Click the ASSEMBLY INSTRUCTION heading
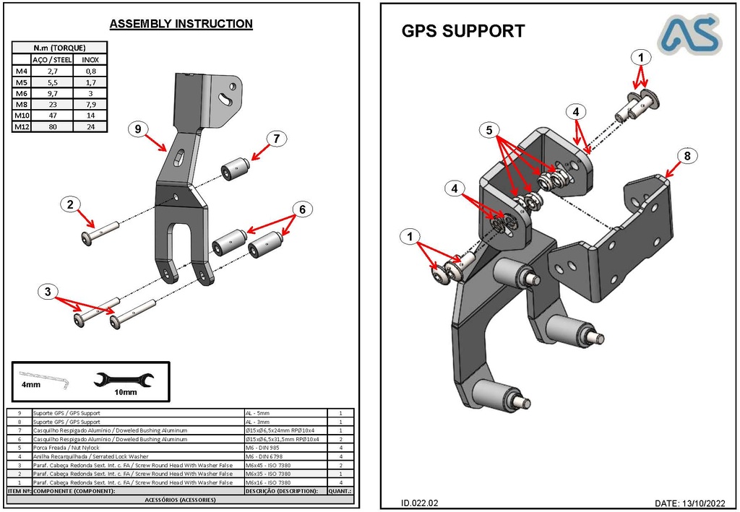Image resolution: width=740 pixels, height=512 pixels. (x=181, y=24)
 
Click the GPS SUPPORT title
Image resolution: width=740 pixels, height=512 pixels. (x=462, y=31)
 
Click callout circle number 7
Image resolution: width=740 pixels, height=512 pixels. (x=276, y=138)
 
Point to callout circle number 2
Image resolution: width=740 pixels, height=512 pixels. (x=69, y=204)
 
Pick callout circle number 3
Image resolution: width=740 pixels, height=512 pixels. (x=47, y=292)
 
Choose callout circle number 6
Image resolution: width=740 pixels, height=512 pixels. (x=302, y=209)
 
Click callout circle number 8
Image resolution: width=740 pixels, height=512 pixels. (x=687, y=155)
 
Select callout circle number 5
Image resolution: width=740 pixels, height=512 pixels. (x=489, y=130)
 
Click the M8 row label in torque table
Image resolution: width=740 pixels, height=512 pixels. (x=21, y=105)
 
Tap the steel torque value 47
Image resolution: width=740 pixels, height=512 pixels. (x=52, y=116)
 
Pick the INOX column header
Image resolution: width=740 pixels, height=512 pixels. (x=90, y=60)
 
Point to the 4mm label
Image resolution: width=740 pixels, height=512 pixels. (x=30, y=386)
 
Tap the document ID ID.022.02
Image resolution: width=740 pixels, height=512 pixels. (x=420, y=503)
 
